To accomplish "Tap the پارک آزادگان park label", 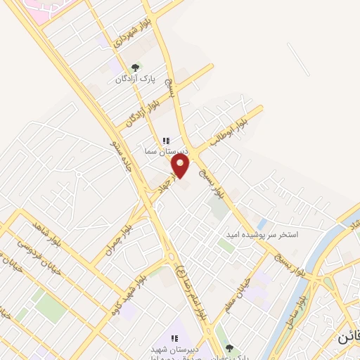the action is pyautogui.click(x=134, y=79).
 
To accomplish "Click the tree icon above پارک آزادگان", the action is pyautogui.click(x=135, y=68).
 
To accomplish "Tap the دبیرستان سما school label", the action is pyautogui.click(x=165, y=151).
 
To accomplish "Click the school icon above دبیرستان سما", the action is pyautogui.click(x=166, y=141).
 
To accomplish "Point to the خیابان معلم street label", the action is pyautogui.click(x=237, y=292).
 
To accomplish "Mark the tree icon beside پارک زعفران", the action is pyautogui.click(x=228, y=347).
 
